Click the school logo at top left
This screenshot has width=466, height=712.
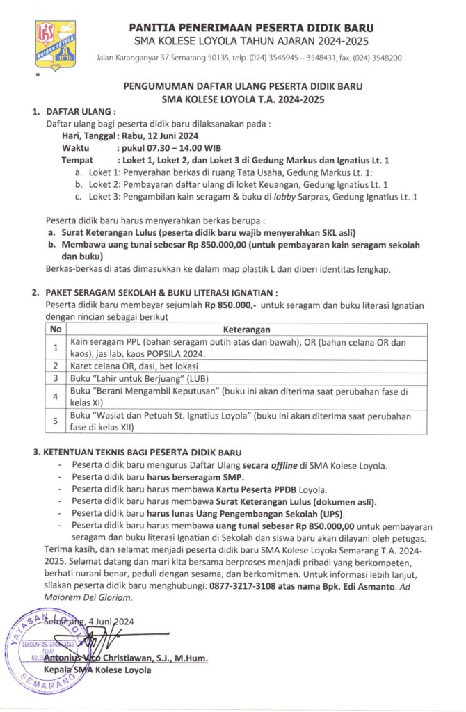[x=56, y=44]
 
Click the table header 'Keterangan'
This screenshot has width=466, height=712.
[x=246, y=329]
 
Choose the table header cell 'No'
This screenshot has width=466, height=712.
[x=56, y=329]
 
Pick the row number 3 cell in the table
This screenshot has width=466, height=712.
[x=56, y=378]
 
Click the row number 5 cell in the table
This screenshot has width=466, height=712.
[x=56, y=421]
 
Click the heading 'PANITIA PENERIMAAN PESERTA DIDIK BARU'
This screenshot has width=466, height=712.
[x=251, y=27]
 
